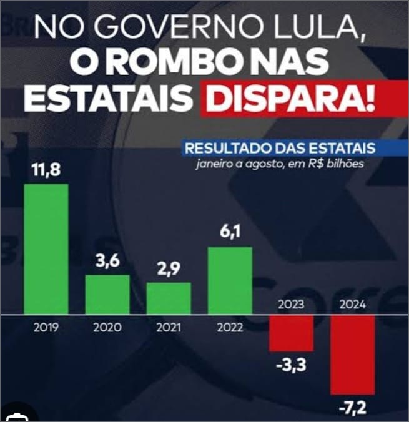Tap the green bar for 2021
[x=169, y=298]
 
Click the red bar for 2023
[x=291, y=332]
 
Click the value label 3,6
[x=107, y=262]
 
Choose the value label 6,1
[x=230, y=233]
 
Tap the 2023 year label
[x=291, y=305]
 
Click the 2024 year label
[x=352, y=305]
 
